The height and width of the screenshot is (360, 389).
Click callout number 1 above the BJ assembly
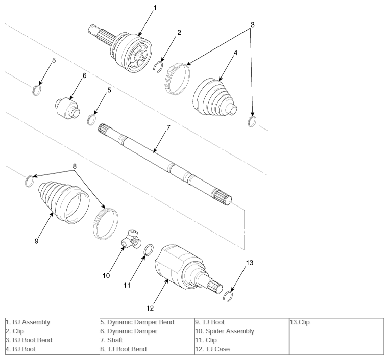pos(155,8)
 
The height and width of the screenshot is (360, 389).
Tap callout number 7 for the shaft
pos(168,127)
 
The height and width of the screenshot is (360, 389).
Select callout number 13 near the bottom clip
pos(250,263)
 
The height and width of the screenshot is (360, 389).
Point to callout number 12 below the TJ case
pos(150,308)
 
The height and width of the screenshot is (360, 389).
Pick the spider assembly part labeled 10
pos(132,240)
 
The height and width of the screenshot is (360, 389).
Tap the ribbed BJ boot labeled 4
pos(215,97)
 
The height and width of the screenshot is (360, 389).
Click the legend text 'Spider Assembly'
pos(230,331)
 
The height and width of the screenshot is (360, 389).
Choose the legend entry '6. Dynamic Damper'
pos(129,331)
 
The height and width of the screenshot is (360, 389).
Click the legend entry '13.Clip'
pos(300,322)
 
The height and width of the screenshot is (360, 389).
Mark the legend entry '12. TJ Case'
pos(212,349)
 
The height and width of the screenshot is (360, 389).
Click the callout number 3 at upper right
pos(252,25)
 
